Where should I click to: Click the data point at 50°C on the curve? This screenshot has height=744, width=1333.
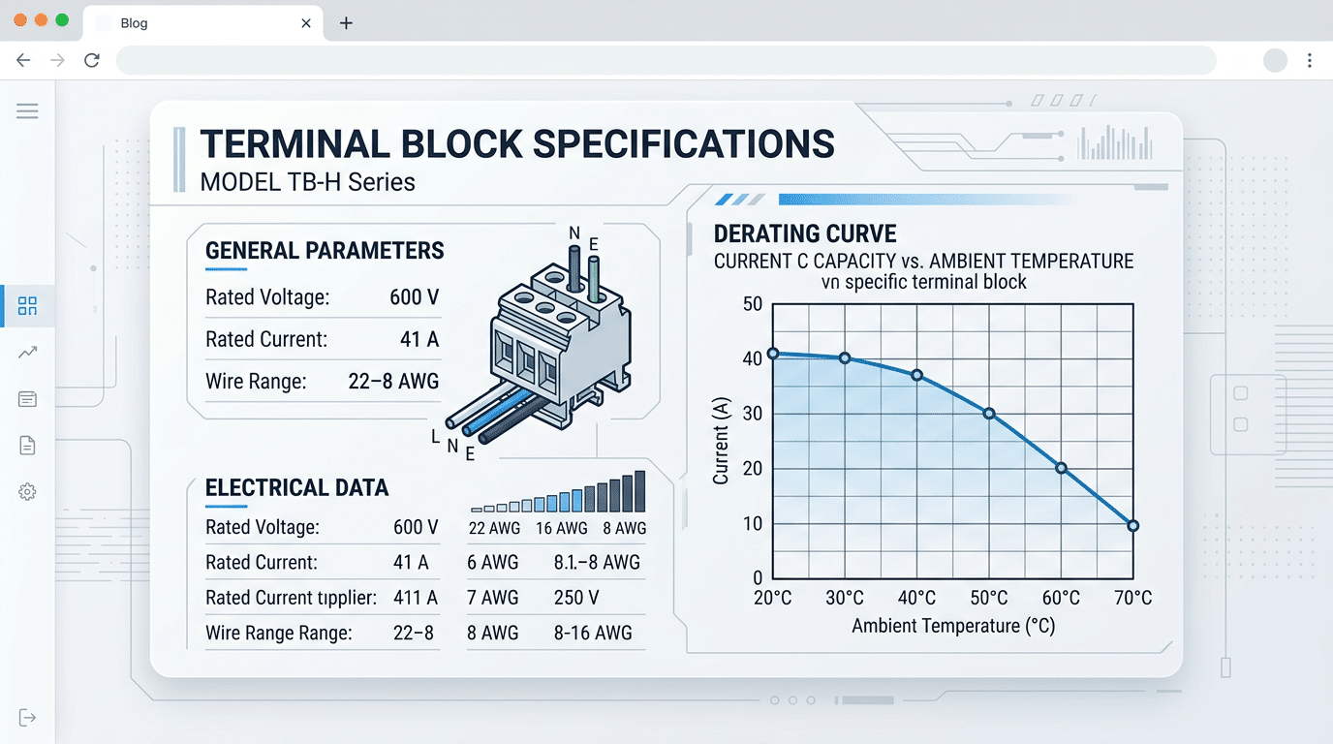click(989, 414)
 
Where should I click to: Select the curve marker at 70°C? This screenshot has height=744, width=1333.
click(1133, 526)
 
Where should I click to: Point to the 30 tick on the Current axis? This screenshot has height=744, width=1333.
click(752, 414)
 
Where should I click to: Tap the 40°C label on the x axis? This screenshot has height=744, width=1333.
click(916, 598)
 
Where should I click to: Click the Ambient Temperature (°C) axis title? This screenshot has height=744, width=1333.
click(953, 627)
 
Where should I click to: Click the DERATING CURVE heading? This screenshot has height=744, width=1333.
click(805, 233)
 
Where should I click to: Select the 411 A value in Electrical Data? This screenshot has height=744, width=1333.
click(416, 598)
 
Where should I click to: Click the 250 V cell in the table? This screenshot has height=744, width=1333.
click(576, 598)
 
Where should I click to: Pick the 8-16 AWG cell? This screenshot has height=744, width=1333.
click(593, 634)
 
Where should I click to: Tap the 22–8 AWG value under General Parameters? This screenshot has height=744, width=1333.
click(393, 382)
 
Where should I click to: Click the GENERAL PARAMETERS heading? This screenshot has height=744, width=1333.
click(325, 251)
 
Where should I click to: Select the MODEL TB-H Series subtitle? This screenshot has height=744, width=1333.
click(307, 182)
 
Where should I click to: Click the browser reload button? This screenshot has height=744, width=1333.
click(92, 60)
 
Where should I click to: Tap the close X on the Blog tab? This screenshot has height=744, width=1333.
click(306, 23)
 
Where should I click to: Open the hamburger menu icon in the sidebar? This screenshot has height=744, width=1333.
click(27, 111)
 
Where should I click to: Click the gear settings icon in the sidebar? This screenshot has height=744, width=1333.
click(27, 492)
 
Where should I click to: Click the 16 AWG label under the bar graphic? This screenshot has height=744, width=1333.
click(562, 528)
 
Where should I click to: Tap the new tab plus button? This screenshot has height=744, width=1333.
click(346, 23)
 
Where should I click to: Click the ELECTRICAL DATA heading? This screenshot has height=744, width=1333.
click(296, 488)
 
